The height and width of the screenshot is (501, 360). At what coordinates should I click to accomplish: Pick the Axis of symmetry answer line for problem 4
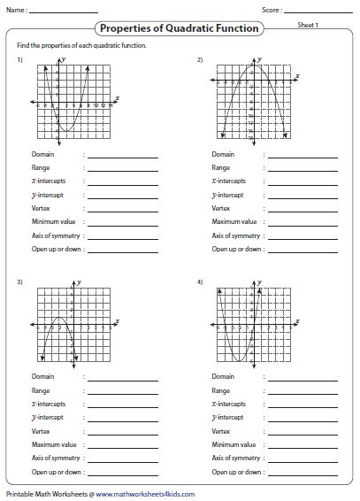point(303,458)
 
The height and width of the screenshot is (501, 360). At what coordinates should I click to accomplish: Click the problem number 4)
point(200,281)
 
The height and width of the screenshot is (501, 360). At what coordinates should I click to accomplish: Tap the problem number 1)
point(19,59)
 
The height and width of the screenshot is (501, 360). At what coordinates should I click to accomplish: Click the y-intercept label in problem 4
point(228,417)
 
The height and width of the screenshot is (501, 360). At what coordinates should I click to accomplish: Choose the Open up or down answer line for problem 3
point(122,472)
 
